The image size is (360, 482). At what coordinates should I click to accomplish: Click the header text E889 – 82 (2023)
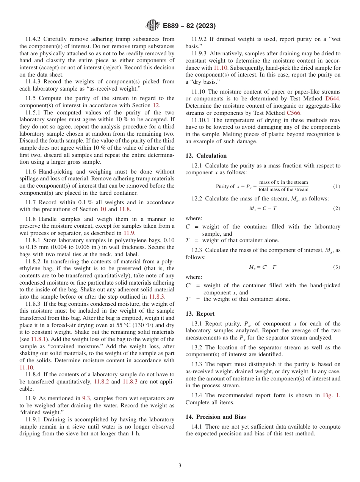point(189,26)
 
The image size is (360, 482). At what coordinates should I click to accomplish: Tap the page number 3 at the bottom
point(180,465)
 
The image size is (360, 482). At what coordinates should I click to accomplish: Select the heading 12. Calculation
point(206,156)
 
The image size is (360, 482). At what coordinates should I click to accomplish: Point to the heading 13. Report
point(200,314)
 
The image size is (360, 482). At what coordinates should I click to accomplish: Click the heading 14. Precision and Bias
point(215,417)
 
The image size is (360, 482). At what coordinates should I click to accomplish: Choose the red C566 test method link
point(293,113)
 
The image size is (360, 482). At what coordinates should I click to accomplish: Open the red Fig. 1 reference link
point(331,395)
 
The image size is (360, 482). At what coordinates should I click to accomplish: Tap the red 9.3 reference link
point(86,398)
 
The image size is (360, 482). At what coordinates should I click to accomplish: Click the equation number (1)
point(337,186)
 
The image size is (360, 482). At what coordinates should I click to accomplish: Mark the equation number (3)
point(337,267)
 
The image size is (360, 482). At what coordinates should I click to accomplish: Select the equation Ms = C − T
point(263,209)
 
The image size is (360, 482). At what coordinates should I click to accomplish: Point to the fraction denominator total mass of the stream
point(283,190)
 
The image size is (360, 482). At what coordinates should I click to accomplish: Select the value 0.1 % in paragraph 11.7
point(85,203)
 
